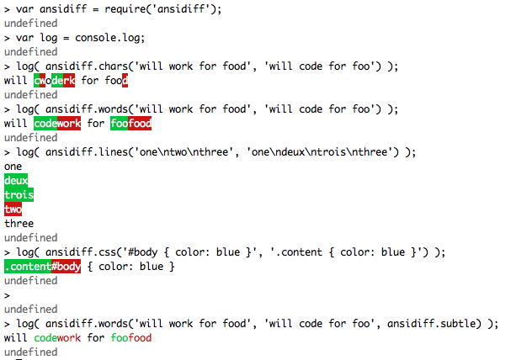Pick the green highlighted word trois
pos(19,195)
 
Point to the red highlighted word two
pos(13,209)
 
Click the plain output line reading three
pos(19,224)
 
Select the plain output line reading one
pos(13,167)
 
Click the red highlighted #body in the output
pos(67,267)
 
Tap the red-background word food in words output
pos(140,124)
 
